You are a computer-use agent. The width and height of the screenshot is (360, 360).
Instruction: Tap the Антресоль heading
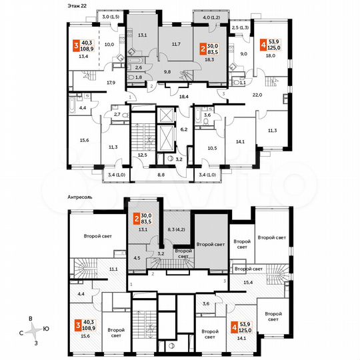85,197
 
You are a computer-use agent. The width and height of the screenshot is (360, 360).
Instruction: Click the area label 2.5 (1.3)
241,28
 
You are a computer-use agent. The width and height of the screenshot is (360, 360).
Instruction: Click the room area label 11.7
176,44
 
